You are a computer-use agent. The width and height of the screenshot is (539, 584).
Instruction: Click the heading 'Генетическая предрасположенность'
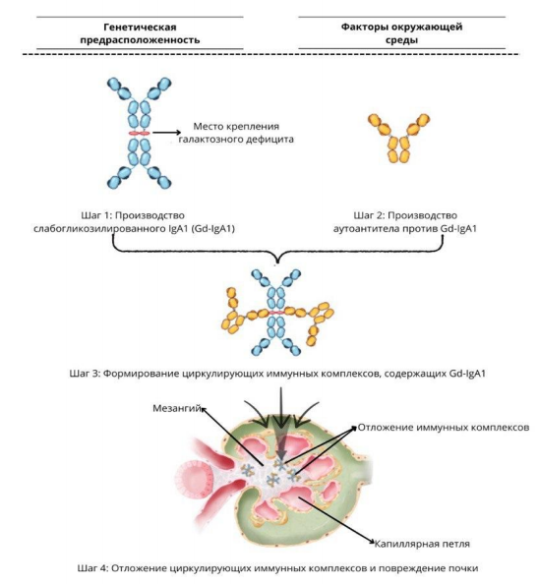[x=140, y=33]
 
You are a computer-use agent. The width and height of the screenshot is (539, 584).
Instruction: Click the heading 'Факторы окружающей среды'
[x=401, y=33]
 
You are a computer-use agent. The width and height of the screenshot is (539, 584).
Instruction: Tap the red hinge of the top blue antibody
[x=139, y=133]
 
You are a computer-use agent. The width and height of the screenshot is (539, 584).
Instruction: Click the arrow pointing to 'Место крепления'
[x=166, y=132]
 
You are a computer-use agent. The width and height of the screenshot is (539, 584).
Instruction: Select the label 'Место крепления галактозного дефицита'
[x=236, y=133]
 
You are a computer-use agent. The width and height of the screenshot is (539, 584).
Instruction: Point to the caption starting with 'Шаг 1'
[x=134, y=221]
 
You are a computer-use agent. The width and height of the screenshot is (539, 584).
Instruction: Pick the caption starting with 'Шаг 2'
[x=405, y=221]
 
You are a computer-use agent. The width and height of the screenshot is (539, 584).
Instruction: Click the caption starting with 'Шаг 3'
[x=277, y=374]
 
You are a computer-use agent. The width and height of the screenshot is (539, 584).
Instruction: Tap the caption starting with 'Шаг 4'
[x=277, y=568]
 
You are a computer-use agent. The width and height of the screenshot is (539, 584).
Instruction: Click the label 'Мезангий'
[x=177, y=408]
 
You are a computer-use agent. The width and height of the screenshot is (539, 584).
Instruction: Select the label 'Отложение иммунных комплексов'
[x=444, y=428]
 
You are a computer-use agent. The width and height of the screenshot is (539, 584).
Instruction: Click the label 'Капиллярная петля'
[x=422, y=544]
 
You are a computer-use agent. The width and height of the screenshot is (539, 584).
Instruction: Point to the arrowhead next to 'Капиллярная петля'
[x=371, y=541]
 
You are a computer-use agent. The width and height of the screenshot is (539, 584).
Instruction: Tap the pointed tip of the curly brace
[x=276, y=263]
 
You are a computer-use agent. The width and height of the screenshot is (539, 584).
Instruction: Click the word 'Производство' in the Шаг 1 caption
[x=150, y=215]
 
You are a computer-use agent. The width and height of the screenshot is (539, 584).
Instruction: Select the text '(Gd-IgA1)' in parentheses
[x=213, y=228]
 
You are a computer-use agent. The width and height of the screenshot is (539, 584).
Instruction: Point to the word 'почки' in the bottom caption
[x=463, y=568]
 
